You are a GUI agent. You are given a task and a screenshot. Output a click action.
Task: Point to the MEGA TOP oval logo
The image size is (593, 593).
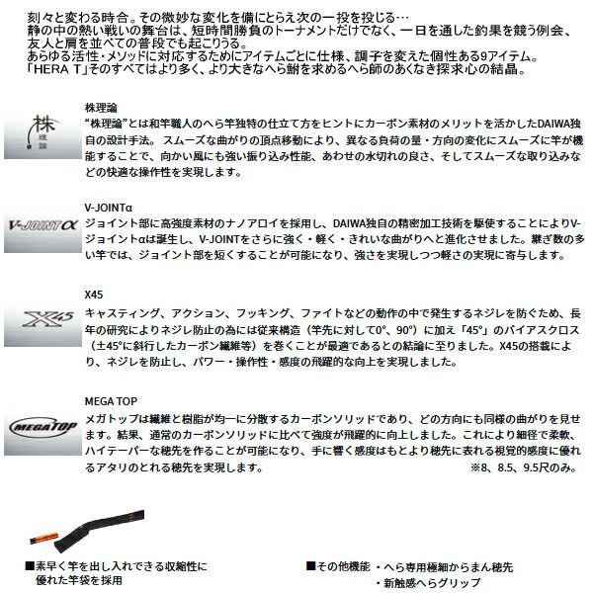pos(42,426)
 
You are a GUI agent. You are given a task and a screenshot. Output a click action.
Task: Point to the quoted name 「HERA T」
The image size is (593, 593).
pos(30,72)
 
